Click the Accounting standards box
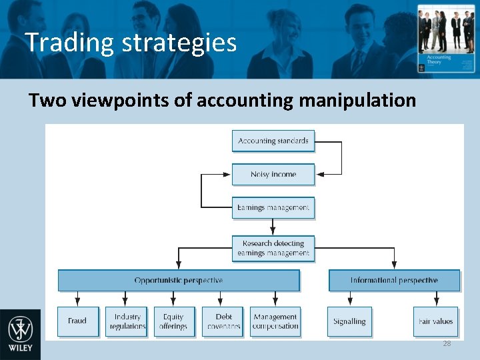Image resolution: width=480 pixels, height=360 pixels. tap(273, 141)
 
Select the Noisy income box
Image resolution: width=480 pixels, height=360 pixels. tap(273, 174)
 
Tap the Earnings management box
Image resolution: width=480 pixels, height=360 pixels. tap(273, 208)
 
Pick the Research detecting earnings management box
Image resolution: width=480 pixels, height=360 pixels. tap(273, 248)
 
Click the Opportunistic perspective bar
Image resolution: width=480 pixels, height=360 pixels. tap(179, 281)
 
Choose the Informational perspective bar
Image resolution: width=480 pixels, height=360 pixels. tap(394, 281)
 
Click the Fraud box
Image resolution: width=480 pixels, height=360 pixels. tap(77, 321)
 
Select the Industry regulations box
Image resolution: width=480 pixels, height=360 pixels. tap(127, 321)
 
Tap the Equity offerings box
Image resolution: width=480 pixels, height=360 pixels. tap(173, 321)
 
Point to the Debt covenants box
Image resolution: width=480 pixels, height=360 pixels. tap(224, 321)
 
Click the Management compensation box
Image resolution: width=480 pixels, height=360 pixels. tap(275, 321)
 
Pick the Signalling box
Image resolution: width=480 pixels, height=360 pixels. tap(349, 321)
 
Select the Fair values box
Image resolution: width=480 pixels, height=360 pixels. tap(436, 321)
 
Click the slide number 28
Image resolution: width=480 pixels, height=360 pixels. tap(447, 343)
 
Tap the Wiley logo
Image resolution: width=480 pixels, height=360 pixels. tap(20, 333)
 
